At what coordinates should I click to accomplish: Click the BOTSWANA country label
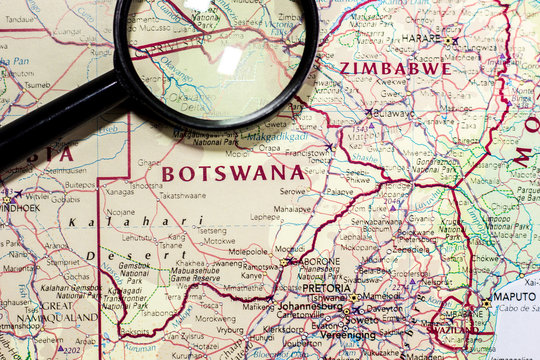233,173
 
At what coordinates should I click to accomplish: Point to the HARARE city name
421,39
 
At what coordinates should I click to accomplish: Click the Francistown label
306,155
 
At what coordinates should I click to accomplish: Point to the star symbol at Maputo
487,302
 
